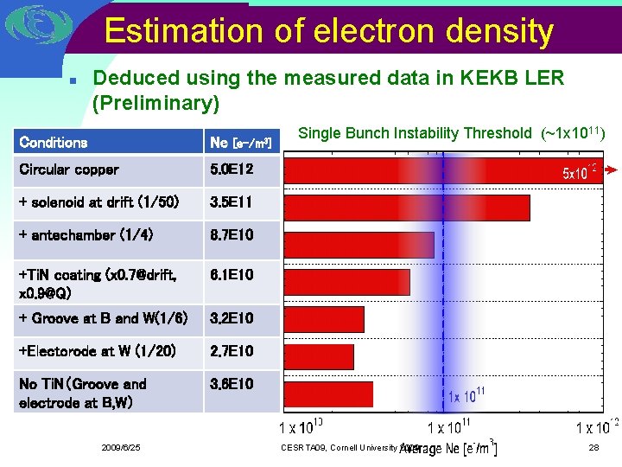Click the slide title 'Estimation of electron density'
[328, 32]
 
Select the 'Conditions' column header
[54, 142]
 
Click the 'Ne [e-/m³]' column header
[241, 143]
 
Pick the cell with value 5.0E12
[232, 170]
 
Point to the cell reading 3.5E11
[232, 202]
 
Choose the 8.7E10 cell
[232, 235]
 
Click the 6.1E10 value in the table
[232, 275]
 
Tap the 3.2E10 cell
[232, 318]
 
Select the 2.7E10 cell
[232, 351]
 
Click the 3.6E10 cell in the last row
[232, 384]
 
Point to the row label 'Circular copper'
[69, 170]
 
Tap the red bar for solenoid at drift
[406, 208]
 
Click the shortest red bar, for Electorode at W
[319, 356]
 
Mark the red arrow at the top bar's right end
[608, 170]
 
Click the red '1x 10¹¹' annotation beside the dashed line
[466, 397]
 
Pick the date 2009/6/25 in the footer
[120, 447]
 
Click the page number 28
[593, 447]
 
